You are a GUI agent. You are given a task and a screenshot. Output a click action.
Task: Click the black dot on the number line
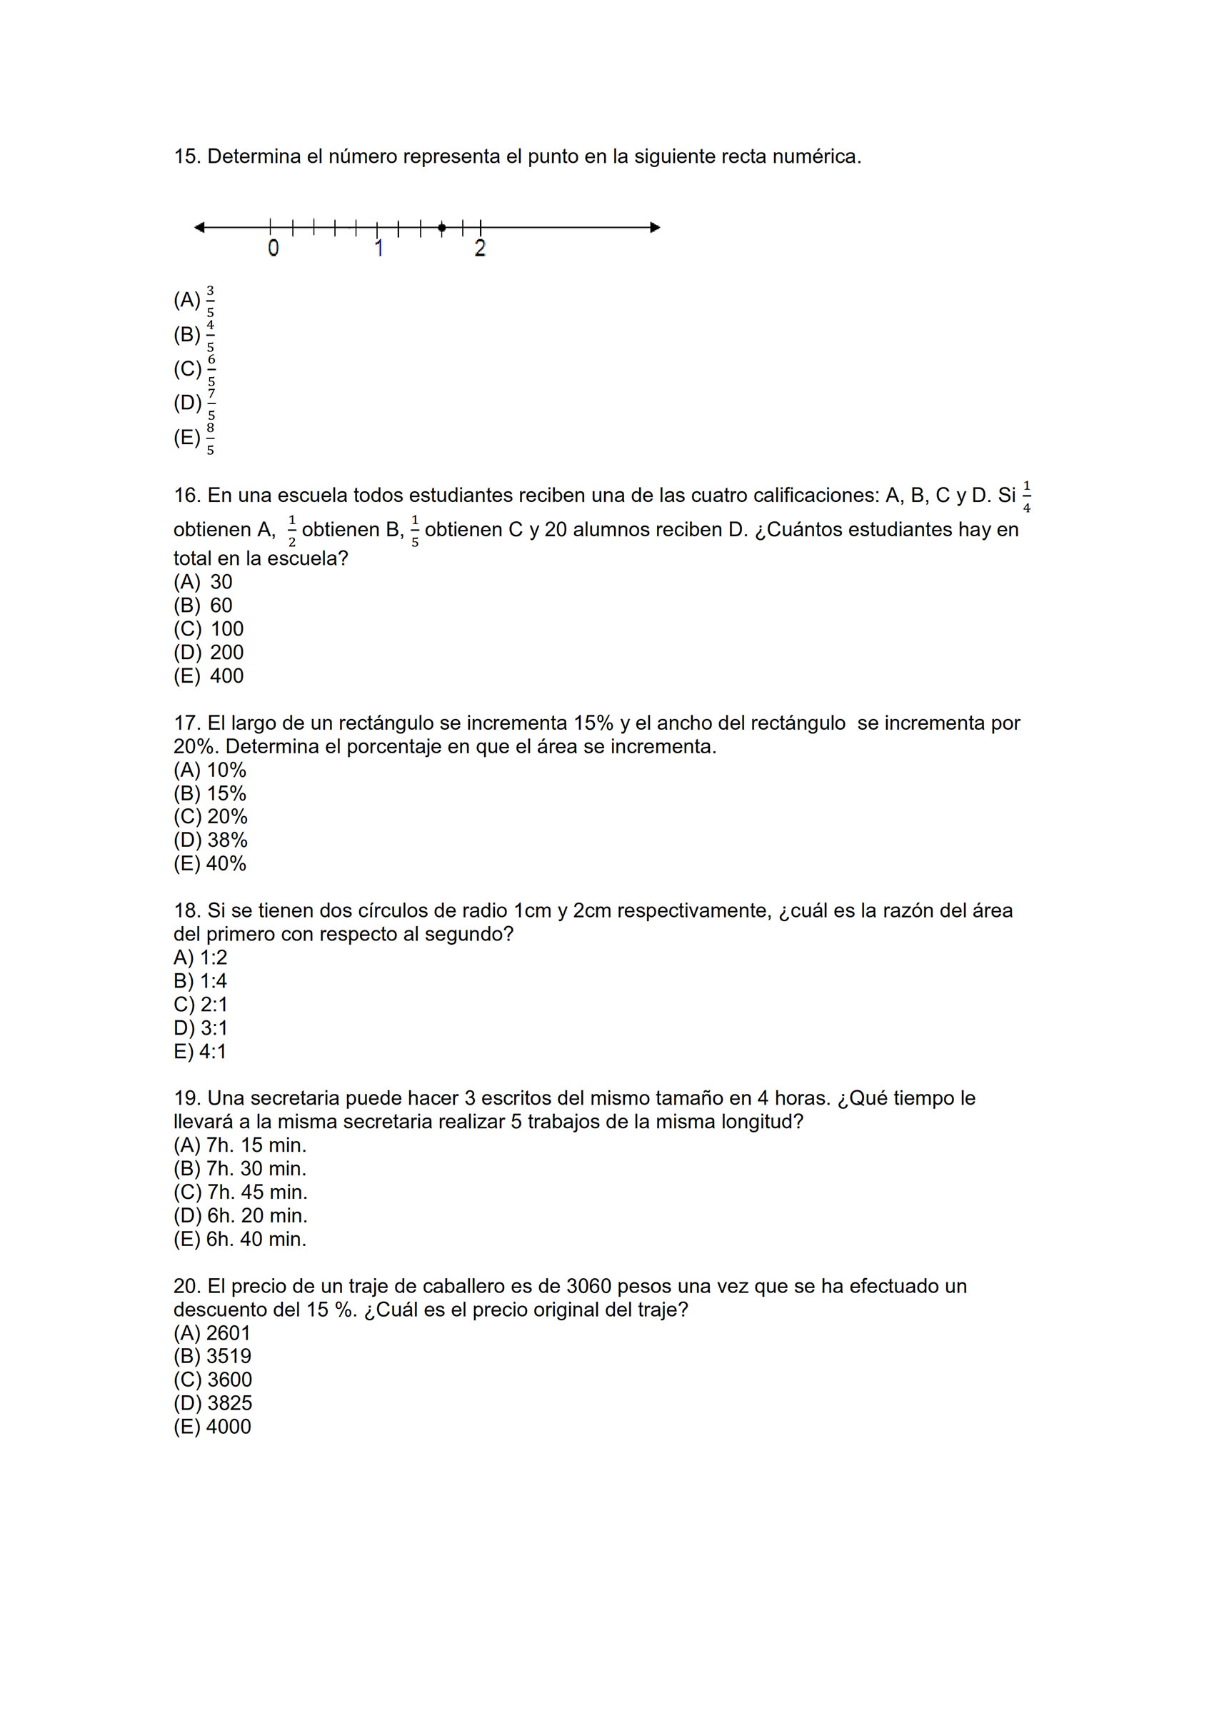tap(441, 228)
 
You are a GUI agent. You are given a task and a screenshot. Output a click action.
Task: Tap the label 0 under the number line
tap(274, 248)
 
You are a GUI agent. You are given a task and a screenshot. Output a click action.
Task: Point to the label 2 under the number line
tap(480, 248)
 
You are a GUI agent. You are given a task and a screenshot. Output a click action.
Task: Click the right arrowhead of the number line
tap(655, 228)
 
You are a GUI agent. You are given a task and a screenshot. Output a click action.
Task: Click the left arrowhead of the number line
tap(199, 228)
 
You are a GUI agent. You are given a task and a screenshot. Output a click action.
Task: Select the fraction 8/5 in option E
tap(211, 438)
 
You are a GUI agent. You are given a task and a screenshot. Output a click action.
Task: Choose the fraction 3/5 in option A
tap(211, 301)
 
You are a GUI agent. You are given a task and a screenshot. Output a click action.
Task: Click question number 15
tap(186, 157)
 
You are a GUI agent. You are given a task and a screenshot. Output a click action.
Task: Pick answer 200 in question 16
tap(227, 653)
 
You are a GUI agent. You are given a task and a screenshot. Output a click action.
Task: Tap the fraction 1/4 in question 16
tap(1026, 497)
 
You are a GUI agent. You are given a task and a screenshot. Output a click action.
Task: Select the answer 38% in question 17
tap(228, 840)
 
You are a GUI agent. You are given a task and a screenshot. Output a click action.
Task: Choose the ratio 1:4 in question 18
tap(214, 981)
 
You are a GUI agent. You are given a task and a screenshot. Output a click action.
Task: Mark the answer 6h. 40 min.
tap(256, 1239)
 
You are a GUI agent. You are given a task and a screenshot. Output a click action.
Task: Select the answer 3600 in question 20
tap(229, 1380)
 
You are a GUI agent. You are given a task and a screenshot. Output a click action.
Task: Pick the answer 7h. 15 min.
tap(256, 1145)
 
